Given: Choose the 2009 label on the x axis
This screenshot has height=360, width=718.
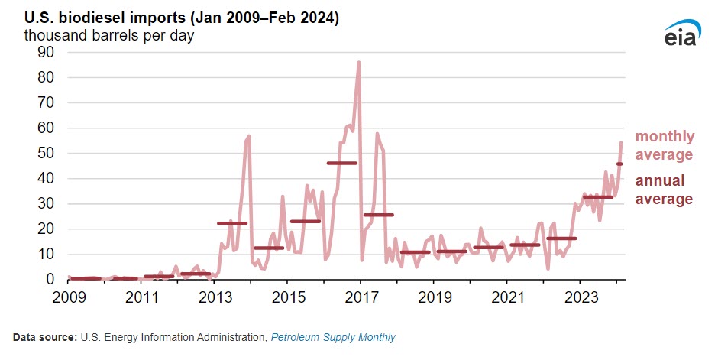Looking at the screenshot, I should point(69,296).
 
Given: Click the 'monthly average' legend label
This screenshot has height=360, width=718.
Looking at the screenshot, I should point(665,145).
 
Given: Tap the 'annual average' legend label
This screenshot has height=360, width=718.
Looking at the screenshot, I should point(665,190).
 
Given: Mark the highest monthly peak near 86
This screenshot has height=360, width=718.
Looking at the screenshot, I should point(359,63).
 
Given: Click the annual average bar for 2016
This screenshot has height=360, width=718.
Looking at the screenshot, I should point(341,163).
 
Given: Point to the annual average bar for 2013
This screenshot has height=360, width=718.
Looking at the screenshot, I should point(232,223).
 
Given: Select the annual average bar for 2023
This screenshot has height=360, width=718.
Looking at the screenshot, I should point(598,197).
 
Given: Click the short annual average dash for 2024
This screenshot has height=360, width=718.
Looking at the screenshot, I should point(619,164).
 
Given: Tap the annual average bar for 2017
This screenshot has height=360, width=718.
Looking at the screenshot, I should point(378,215).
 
